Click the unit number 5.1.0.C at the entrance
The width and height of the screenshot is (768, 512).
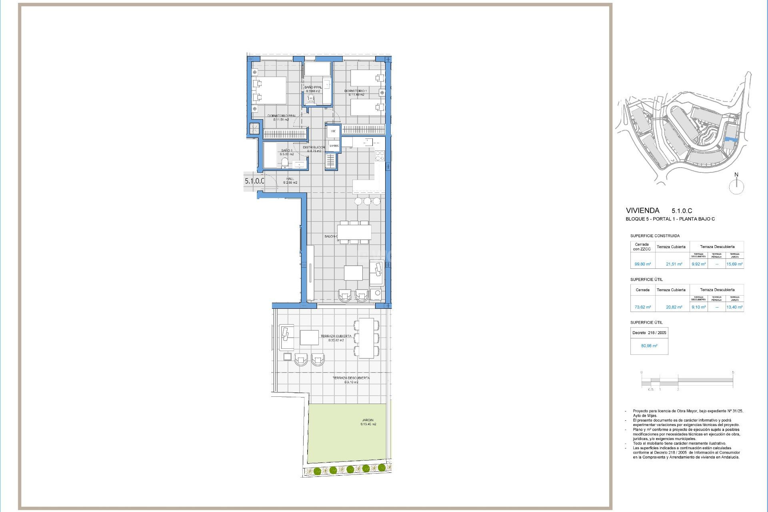(254, 181)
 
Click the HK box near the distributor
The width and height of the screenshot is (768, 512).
(333, 131)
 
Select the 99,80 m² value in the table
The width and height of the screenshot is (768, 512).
(642, 264)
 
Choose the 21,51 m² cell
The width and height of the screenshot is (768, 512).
(674, 264)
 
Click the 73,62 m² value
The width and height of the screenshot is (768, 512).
(642, 307)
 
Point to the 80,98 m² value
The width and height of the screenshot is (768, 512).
(649, 346)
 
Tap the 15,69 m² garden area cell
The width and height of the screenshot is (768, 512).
(734, 264)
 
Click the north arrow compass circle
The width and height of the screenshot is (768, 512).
(736, 187)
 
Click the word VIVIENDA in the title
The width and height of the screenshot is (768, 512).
(642, 210)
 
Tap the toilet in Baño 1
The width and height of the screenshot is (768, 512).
(285, 162)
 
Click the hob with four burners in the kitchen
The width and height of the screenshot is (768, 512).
(380, 156)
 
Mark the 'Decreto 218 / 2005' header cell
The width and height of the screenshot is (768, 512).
(649, 333)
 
